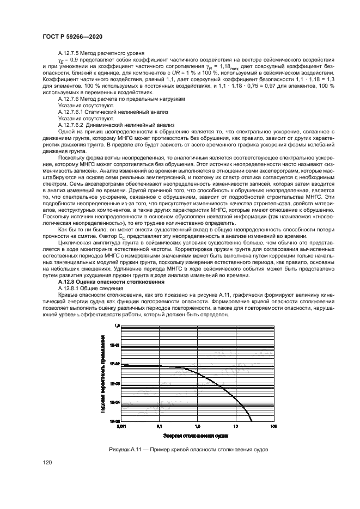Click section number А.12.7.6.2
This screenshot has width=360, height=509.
tap(72, 125)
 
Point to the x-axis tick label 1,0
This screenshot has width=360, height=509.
tap(197, 427)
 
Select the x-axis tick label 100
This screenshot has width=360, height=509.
tap(273, 427)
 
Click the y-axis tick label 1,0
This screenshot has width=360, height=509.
tap(116, 326)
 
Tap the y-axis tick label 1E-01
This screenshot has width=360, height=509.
tap(114, 345)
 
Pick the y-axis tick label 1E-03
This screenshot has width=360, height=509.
tap(114, 383)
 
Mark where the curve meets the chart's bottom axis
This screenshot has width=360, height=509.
tap(252, 421)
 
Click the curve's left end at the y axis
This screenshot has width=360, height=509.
tap(121, 365)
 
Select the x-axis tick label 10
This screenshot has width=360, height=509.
tap(235, 427)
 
